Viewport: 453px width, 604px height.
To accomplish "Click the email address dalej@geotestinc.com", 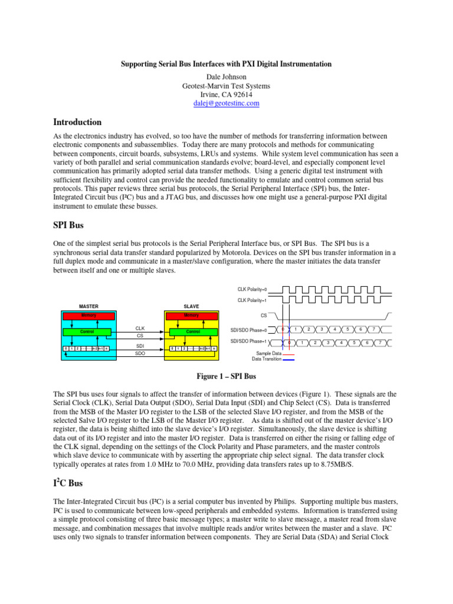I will click(x=226, y=103).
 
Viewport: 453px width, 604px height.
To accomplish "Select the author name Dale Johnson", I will click(x=226, y=76).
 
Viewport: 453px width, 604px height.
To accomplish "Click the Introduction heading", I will click(x=77, y=122).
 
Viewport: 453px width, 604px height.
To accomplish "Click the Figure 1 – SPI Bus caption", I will click(x=226, y=376).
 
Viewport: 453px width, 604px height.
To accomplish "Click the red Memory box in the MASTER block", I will click(x=88, y=316).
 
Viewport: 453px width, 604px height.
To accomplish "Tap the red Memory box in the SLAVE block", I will click(x=192, y=316).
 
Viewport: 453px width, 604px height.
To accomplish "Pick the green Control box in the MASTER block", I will click(x=88, y=332).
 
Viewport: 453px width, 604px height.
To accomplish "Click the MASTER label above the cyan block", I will click(x=88, y=306).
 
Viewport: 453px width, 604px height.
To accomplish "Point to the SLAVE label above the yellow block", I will click(x=192, y=306).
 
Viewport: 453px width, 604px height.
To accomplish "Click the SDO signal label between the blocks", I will click(x=140, y=353).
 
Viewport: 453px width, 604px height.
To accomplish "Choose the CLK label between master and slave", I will click(x=140, y=328).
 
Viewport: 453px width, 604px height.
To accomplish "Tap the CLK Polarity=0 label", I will click(x=252, y=289).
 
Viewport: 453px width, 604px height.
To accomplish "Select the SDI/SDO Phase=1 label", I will click(x=248, y=342).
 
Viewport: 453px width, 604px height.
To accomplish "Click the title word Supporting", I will click(x=139, y=64).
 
